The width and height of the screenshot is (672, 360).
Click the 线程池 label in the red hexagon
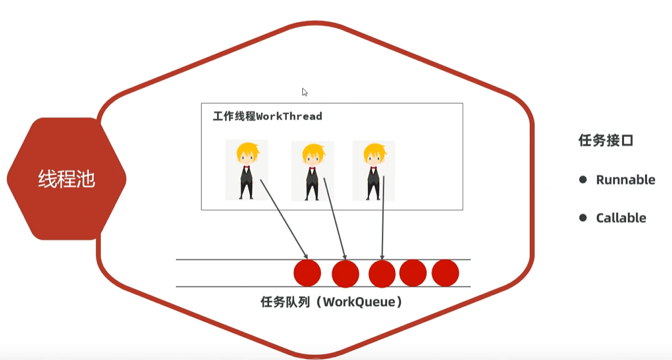66,179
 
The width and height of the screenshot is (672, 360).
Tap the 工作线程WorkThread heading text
267,117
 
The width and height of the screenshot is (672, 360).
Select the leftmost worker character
247,170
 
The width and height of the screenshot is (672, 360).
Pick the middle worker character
313,171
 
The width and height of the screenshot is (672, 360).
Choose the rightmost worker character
373,171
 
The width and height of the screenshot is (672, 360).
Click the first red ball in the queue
307,273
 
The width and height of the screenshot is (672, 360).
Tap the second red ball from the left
346,273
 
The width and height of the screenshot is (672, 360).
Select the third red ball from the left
382,273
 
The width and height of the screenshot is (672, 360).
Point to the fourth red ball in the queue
413,273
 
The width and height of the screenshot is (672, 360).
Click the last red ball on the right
445,273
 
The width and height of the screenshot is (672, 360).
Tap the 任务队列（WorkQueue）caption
331,302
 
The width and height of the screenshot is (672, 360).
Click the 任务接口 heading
606,140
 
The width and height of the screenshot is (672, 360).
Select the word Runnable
625,180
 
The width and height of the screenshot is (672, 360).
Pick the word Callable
621,218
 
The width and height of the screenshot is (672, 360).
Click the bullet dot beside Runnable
583,180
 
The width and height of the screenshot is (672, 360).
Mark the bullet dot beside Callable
583,218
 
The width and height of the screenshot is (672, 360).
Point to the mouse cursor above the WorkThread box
305,92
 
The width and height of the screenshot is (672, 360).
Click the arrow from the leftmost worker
284,219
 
